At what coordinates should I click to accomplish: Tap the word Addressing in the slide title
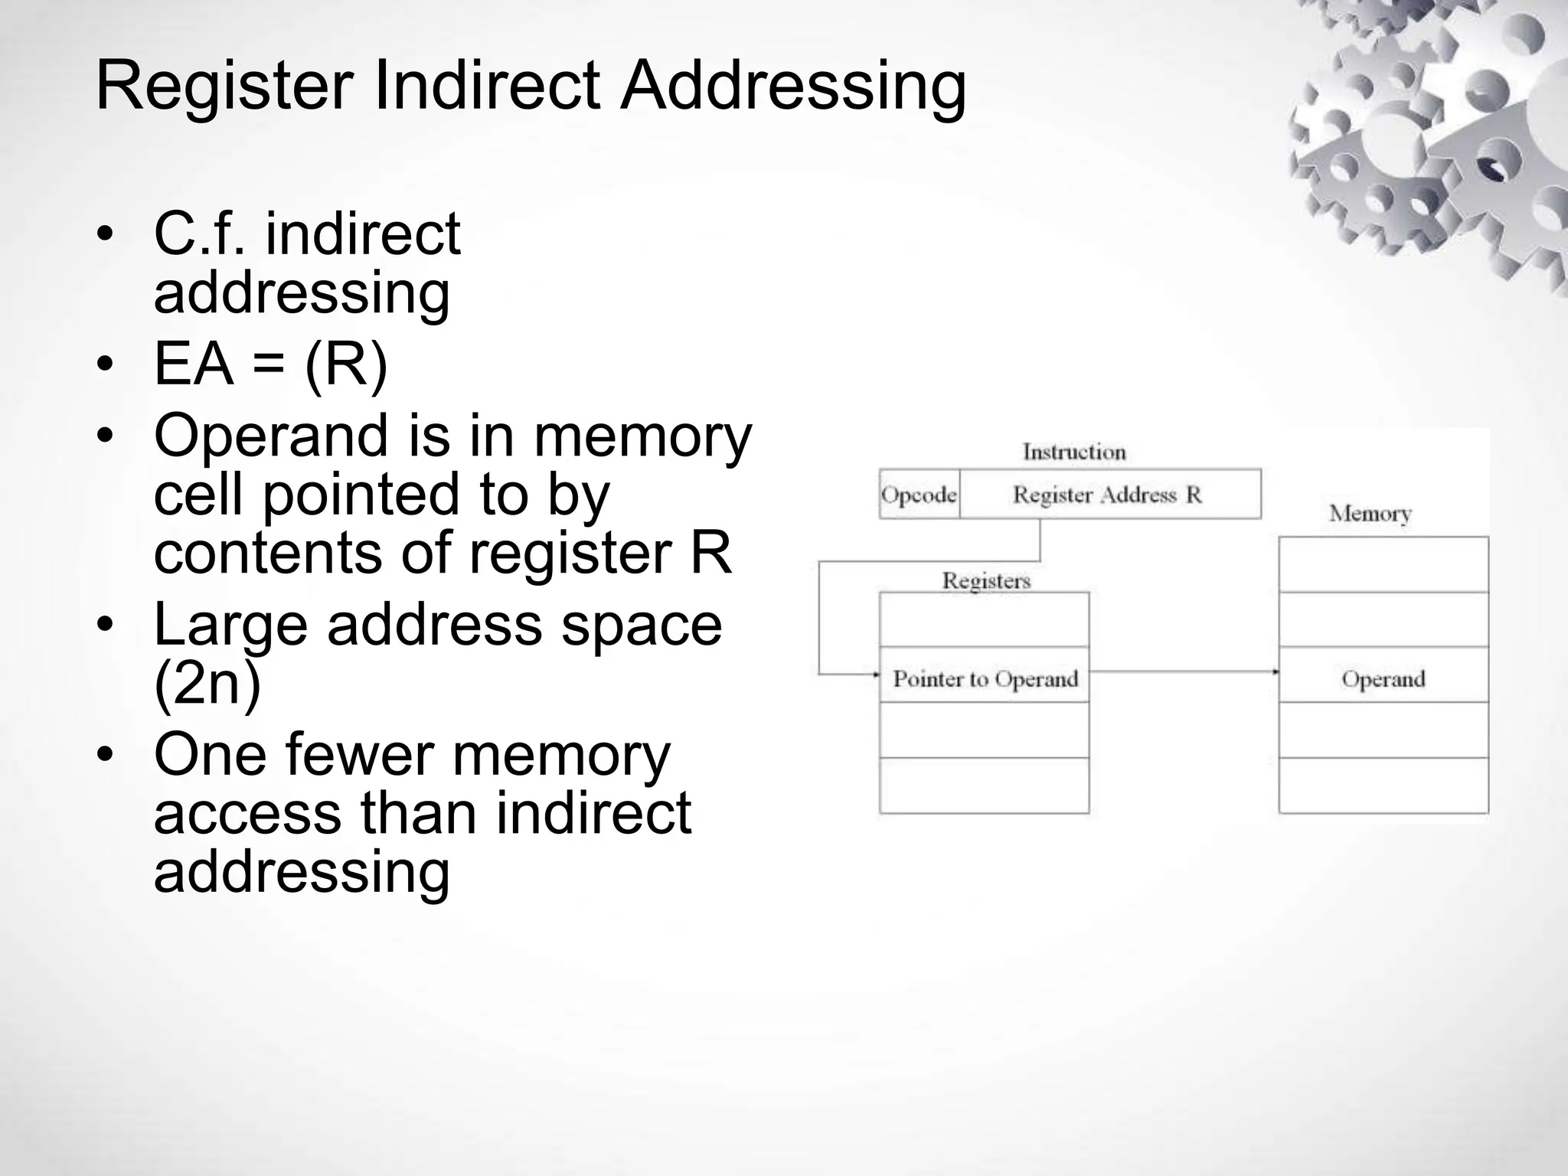[792, 87]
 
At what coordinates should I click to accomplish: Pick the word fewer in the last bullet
[363, 754]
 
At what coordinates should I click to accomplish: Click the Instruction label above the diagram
[1073, 452]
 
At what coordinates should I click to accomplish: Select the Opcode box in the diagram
[919, 495]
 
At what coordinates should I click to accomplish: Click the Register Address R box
[1108, 495]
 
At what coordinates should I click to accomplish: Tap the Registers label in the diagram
[985, 580]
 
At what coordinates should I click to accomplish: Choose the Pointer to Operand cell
[985, 678]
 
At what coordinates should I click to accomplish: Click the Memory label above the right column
[1370, 513]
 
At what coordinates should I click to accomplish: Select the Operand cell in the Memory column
[1383, 678]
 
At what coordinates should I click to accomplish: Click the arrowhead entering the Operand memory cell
[1275, 672]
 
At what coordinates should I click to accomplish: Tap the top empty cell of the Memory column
[1383, 565]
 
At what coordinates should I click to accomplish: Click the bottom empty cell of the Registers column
[984, 786]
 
